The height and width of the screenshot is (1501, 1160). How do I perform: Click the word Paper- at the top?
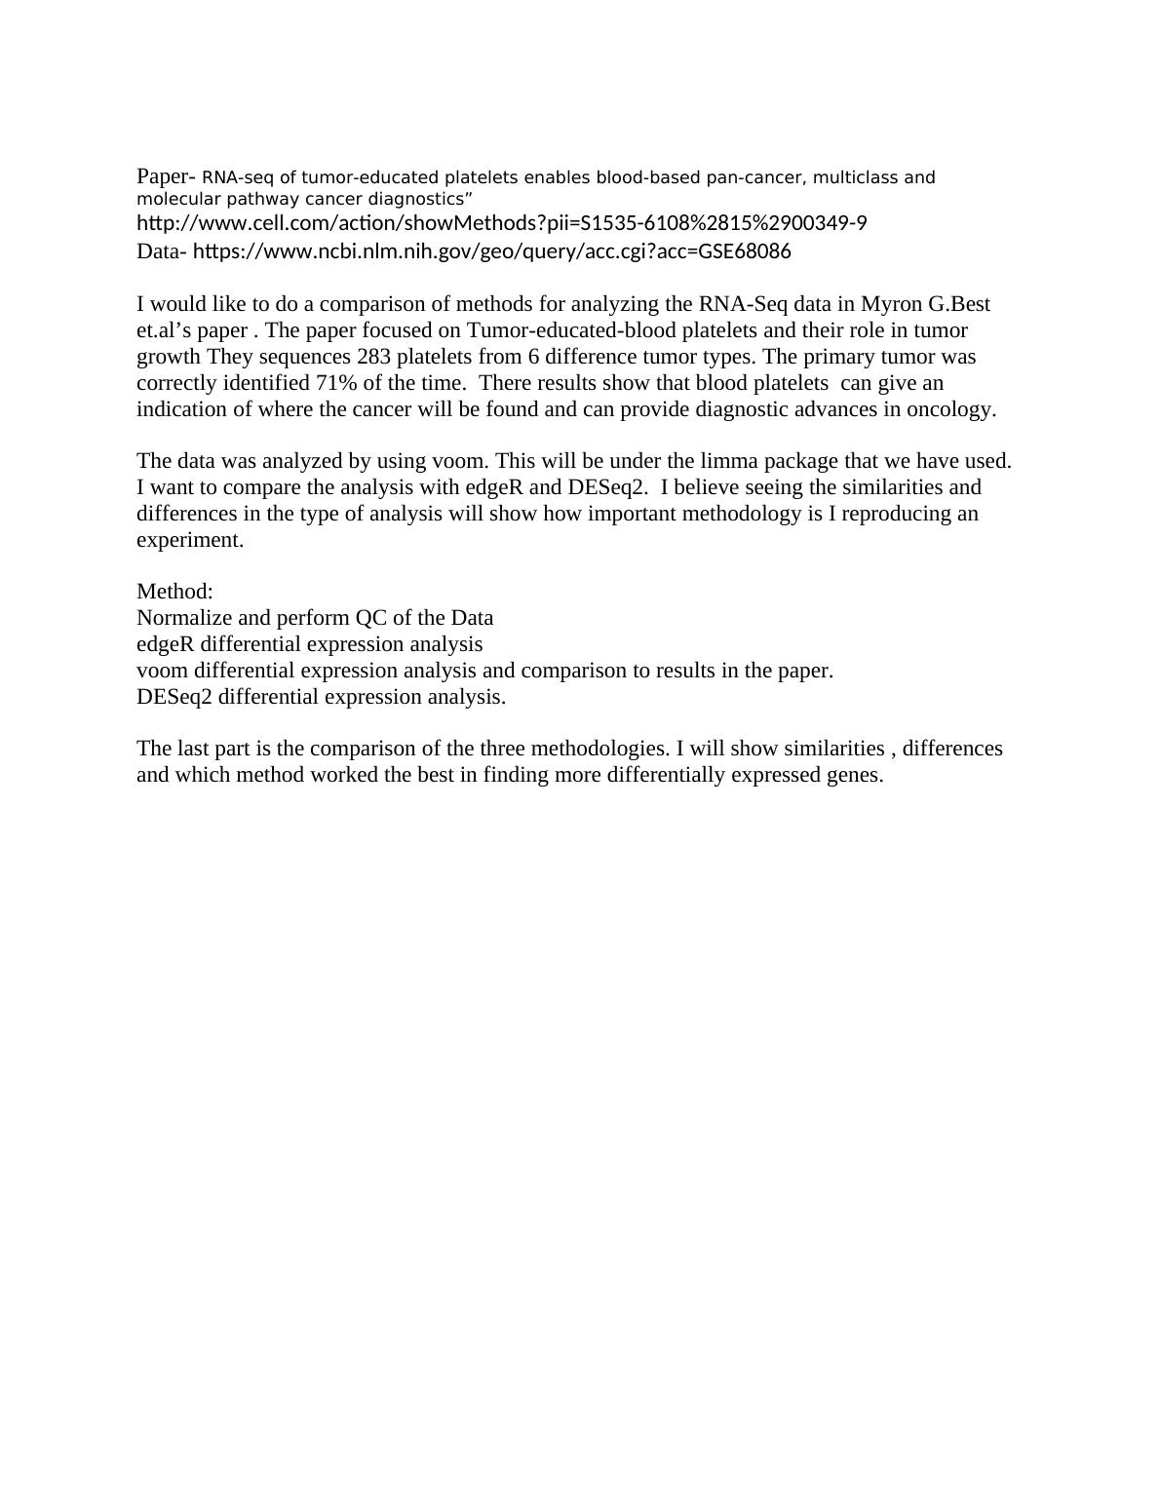166,176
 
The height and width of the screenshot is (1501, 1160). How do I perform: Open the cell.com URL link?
501,223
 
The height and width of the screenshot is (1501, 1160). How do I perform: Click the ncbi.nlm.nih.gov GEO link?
491,251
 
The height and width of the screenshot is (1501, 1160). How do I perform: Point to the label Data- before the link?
162,251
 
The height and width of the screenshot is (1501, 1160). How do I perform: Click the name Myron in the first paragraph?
891,304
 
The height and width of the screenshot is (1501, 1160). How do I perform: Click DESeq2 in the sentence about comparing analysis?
607,486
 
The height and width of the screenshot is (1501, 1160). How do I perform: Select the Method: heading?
174,592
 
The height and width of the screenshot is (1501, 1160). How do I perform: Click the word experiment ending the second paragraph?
189,540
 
